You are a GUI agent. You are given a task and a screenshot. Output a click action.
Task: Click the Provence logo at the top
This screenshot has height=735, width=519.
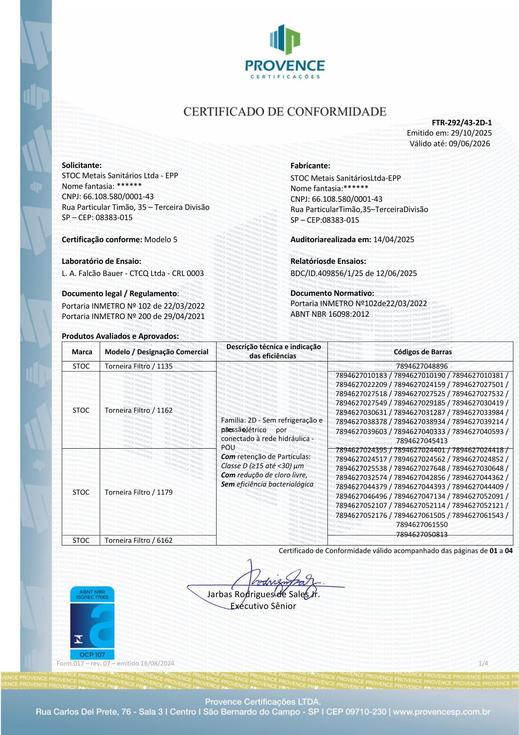285,51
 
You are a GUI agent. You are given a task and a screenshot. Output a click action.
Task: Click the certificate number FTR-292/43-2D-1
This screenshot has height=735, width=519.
461,123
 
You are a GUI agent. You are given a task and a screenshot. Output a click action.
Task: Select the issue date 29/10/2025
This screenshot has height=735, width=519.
471,133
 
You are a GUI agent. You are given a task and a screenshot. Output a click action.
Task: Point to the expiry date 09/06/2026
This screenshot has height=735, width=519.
469,144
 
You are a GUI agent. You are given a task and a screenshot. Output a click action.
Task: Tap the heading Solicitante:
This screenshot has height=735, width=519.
81,165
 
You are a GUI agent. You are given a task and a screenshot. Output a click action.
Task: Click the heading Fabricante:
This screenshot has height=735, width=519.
310,166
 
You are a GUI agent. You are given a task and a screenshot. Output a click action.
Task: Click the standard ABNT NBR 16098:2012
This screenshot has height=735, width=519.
330,314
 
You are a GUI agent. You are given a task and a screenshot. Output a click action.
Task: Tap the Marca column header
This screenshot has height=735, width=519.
82,352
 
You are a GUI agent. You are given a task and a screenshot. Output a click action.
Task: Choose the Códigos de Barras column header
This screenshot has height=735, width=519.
422,352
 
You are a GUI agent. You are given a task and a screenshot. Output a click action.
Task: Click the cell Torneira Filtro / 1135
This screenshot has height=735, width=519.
138,366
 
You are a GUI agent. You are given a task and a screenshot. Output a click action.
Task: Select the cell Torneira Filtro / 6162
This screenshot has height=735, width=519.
138,540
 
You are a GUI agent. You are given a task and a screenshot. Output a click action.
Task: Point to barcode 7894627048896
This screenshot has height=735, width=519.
422,366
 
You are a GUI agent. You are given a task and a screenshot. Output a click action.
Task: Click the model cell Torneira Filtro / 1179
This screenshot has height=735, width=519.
138,492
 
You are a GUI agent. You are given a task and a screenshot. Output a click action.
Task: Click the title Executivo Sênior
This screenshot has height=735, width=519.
263,606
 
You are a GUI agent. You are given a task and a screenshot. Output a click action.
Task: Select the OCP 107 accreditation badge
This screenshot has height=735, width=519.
92,623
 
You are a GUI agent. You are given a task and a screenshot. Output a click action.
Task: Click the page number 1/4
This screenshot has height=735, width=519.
483,663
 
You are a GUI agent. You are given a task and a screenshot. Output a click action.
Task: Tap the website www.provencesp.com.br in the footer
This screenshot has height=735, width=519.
442,712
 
